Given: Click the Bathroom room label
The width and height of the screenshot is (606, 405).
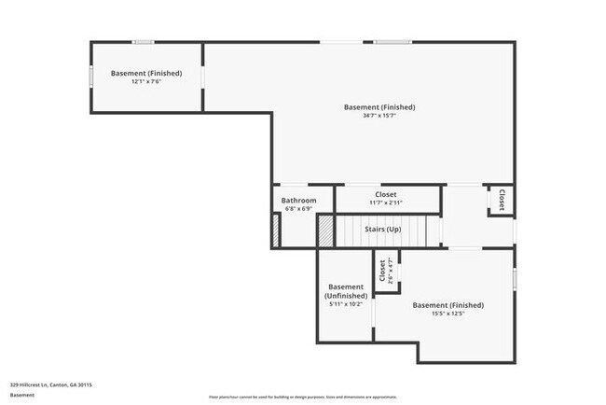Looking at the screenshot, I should tap(298, 201).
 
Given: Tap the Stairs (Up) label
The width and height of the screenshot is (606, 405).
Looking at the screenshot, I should tap(381, 230).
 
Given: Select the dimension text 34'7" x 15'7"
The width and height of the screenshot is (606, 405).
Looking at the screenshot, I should tap(379, 117).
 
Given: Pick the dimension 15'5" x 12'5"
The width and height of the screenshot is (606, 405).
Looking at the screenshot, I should tap(448, 314).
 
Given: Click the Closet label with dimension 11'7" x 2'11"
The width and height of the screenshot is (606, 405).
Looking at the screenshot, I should tap(385, 195).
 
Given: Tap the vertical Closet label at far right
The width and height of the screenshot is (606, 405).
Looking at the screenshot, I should tap(502, 200).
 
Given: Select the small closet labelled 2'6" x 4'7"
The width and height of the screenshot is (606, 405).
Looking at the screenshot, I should tap(382, 272).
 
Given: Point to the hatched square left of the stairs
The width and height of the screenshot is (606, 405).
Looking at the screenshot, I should tap(325, 230).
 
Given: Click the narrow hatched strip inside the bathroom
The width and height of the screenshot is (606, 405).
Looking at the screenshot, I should tap(276, 230).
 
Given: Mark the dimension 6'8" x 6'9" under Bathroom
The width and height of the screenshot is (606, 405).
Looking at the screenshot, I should tap(298, 209).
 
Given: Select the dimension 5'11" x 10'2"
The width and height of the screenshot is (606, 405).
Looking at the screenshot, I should tap(345, 304).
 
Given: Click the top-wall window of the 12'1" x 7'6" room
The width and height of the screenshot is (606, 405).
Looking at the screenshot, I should tap(143, 41).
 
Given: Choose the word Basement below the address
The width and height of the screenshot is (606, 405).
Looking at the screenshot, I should tap(22, 395).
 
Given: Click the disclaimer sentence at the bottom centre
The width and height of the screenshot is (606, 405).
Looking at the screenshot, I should tap(302, 396).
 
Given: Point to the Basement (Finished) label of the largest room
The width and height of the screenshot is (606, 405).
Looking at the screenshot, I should tap(379, 107).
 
